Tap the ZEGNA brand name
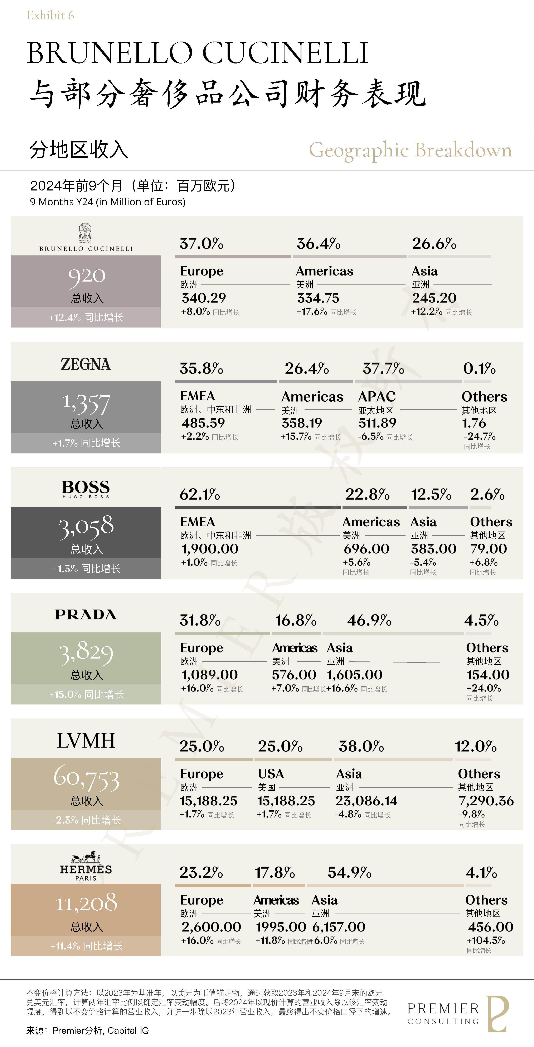[x=86, y=364]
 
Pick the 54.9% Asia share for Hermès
[x=349, y=872]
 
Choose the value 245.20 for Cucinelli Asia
[x=434, y=298]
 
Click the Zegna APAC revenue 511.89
[x=377, y=423]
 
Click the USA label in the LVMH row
[x=271, y=773]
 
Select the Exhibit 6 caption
[x=50, y=15]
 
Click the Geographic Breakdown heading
[x=410, y=150]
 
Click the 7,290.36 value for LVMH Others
[x=486, y=801]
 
